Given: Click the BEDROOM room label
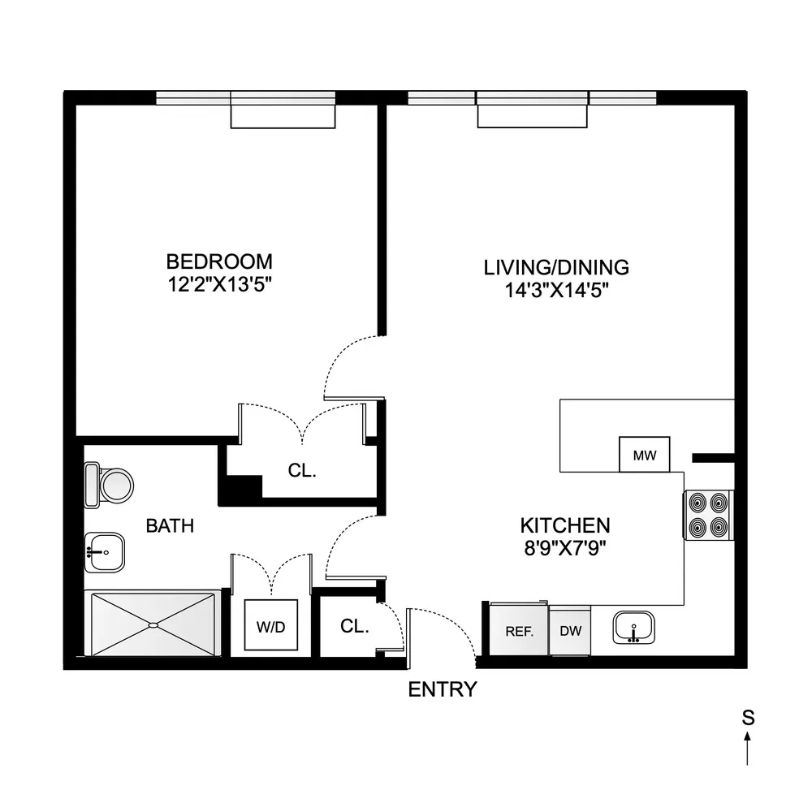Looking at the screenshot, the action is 219,261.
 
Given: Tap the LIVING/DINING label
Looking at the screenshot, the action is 556,268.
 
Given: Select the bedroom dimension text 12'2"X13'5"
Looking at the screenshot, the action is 219,284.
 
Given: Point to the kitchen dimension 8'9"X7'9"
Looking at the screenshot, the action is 565,548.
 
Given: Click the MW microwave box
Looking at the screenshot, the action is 644,455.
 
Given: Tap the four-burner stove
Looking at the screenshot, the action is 708,515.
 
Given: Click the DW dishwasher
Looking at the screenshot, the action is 570,630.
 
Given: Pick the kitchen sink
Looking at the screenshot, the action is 633,628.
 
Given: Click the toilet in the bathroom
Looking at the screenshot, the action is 109,486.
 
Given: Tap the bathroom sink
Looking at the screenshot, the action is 104,552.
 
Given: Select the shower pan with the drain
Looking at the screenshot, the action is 153,624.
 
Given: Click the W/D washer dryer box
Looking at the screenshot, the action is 271,625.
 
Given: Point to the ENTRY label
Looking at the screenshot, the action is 443,689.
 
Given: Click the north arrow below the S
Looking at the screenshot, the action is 747,747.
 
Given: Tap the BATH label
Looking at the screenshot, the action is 170,525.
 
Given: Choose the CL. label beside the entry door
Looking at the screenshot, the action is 355,626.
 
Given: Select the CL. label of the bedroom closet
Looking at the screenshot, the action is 302,470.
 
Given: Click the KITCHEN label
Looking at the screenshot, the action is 565,525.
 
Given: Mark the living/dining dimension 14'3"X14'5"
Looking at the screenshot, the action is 556,291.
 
